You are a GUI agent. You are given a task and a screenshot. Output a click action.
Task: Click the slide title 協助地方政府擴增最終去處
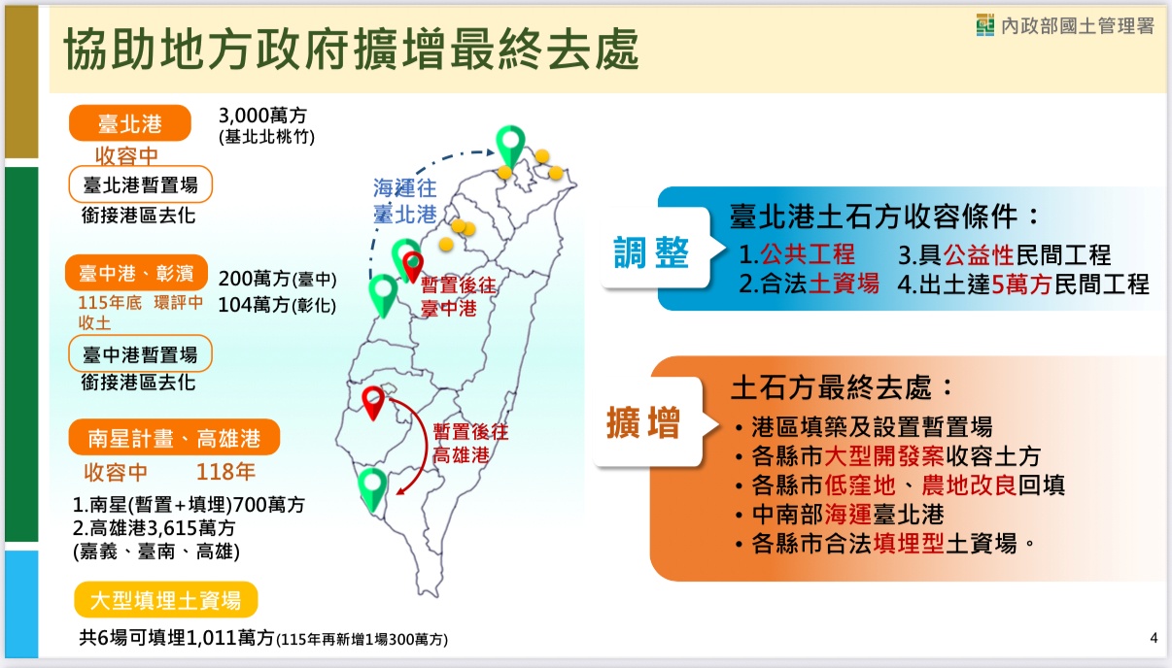click(x=351, y=50)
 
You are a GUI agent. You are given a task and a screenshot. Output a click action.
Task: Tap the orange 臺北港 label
click(x=129, y=123)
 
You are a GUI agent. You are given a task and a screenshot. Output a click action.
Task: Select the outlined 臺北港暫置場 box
click(x=140, y=184)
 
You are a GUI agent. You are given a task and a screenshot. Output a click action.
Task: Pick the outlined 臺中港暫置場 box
click(x=140, y=353)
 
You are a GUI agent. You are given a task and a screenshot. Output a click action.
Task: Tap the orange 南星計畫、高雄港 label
click(x=174, y=438)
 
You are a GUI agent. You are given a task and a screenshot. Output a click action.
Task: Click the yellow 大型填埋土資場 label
click(x=166, y=600)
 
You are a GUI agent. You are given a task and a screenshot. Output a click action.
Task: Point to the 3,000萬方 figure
click(x=256, y=116)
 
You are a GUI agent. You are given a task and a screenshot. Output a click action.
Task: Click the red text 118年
click(x=225, y=473)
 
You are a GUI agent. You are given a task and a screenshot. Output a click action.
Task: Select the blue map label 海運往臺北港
click(x=404, y=201)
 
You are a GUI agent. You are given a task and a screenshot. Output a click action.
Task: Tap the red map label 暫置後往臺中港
click(x=459, y=297)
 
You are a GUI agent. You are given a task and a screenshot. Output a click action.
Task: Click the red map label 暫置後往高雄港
click(x=470, y=443)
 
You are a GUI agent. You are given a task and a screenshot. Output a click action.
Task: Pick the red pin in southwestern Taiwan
click(x=373, y=401)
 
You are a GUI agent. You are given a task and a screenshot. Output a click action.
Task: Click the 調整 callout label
click(x=651, y=252)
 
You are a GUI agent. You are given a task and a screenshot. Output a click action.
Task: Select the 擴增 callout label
click(x=643, y=423)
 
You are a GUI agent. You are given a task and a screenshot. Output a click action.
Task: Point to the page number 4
click(x=1154, y=638)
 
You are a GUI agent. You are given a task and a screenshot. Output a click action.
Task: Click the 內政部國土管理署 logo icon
click(x=985, y=26)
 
